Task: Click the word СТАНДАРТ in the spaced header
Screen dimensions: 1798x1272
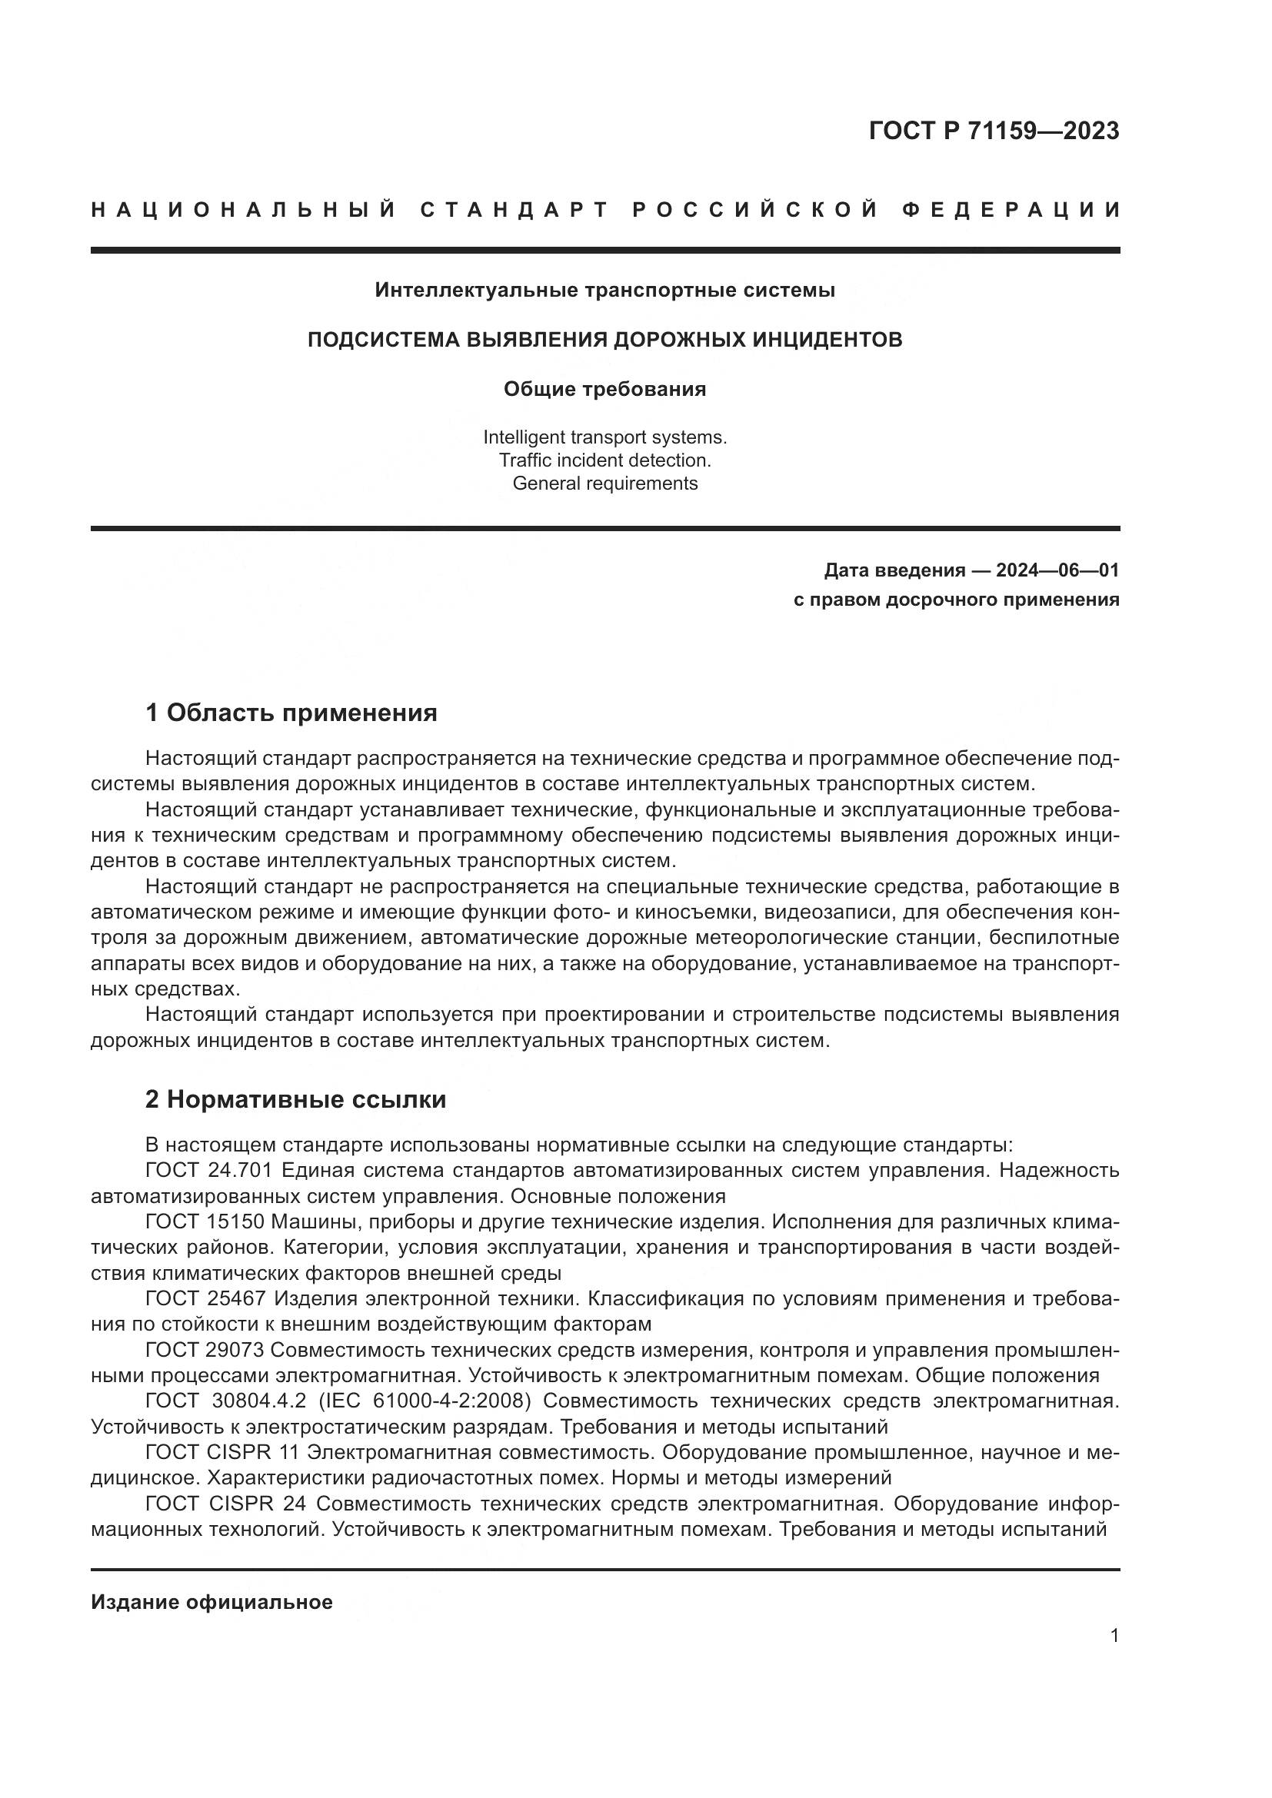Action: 514,210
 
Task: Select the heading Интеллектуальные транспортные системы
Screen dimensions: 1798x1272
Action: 604,291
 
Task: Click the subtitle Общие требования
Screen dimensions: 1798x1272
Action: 604,389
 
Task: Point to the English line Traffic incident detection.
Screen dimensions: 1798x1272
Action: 604,460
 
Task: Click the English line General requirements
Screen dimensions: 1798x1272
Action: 604,484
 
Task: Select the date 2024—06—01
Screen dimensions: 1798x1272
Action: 1057,570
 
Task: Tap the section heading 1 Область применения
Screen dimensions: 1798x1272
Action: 291,713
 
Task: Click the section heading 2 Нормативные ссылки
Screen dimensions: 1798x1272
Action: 295,1099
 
